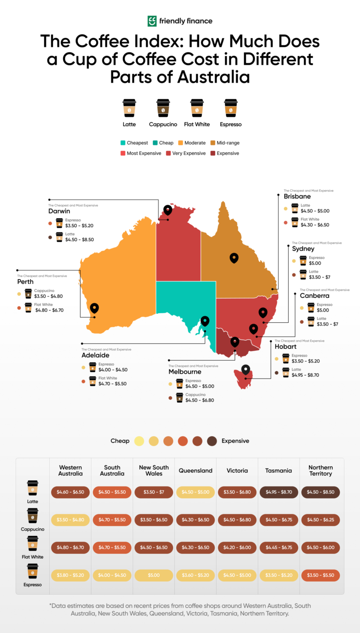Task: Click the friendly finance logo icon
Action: [152, 21]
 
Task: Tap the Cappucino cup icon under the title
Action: [163, 108]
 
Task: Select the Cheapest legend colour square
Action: [123, 143]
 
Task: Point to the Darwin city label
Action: [59, 211]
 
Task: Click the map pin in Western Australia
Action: [95, 308]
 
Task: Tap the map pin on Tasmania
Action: [246, 370]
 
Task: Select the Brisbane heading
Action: [297, 197]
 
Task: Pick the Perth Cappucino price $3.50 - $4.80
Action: [49, 296]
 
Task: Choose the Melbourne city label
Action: [185, 372]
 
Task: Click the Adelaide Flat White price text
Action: [112, 384]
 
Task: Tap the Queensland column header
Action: [195, 470]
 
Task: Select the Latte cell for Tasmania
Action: [279, 492]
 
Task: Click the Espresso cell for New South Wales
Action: [154, 575]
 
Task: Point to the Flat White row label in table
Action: [32, 557]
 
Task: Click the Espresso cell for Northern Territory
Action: [321, 575]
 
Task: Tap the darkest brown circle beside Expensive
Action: [212, 441]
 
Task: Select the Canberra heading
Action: [315, 296]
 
